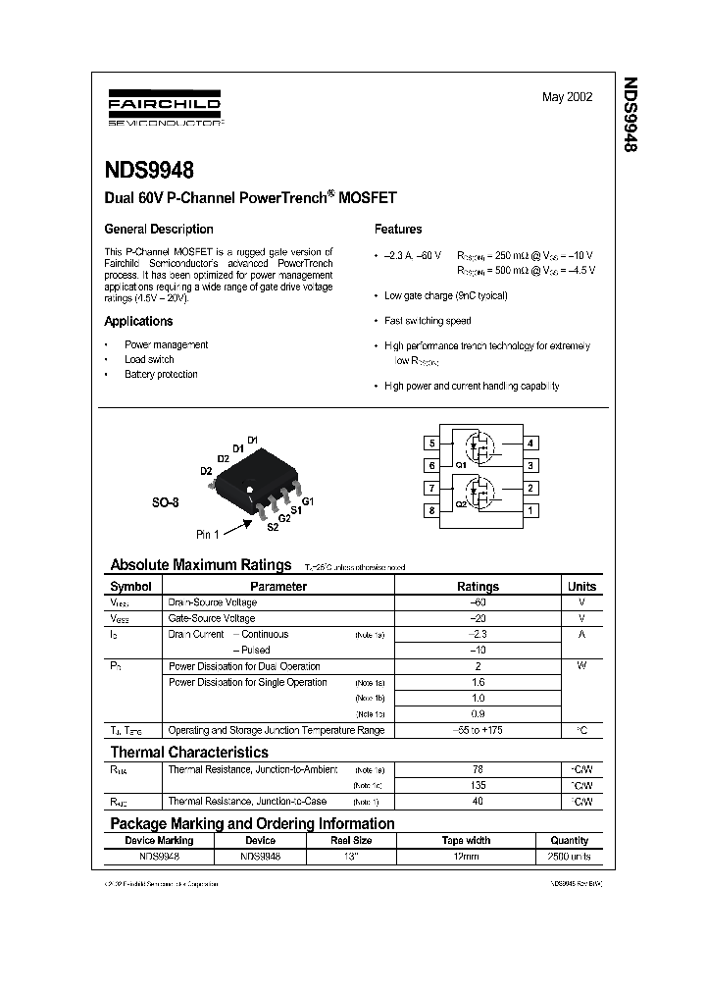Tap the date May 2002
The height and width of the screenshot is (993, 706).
pos(567,98)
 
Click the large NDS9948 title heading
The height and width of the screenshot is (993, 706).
pos(150,170)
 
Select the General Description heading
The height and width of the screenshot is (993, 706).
pos(159,230)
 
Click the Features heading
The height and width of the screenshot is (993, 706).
pos(398,230)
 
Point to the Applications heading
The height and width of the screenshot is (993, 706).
pos(138,322)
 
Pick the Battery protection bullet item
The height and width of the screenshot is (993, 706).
pos(161,375)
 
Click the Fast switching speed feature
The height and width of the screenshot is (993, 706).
pos(428,321)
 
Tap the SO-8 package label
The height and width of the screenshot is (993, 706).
pos(165,502)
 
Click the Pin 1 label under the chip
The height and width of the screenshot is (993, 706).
pos(207,534)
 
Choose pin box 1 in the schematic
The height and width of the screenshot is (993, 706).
pos(530,510)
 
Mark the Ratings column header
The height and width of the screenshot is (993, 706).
pos(478,587)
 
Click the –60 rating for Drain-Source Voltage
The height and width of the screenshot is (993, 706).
pos(478,602)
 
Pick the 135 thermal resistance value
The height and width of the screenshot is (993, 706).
pos(478,786)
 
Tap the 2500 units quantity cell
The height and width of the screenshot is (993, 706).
pos(569,857)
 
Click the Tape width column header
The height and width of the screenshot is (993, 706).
pos(466,841)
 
